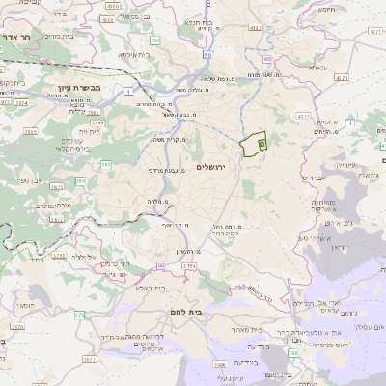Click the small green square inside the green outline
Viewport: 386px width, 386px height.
tap(262, 143)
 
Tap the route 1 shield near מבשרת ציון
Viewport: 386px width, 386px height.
tap(128, 91)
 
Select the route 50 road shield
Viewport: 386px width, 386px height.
tap(208, 55)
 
